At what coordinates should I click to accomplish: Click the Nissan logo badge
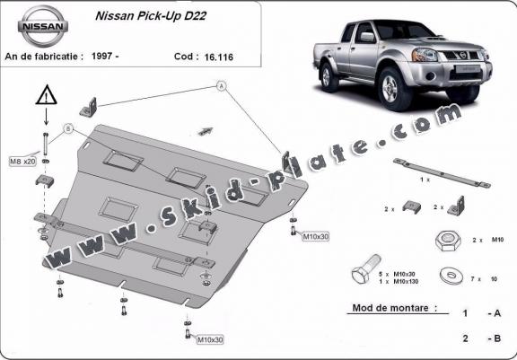coord(43,26)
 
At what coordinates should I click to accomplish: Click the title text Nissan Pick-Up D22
coord(151,16)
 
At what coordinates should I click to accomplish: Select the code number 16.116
coord(219,57)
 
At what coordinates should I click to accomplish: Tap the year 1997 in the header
coord(101,56)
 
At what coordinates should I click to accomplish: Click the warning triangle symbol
coord(47,95)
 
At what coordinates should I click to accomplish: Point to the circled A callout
coord(222,86)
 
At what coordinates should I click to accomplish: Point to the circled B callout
coord(68,128)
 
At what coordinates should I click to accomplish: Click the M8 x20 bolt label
coord(22,162)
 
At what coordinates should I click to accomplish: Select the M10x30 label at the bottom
coord(210,339)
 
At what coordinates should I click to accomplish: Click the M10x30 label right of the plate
coord(316,236)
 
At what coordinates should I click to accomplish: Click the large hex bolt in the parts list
coord(366,269)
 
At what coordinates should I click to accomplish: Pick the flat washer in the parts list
coord(451,277)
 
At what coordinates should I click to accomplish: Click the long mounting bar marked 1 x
coord(442,172)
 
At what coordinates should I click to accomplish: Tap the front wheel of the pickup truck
coord(391,88)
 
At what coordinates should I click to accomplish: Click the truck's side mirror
coord(367,37)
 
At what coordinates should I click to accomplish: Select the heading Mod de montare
coord(395,308)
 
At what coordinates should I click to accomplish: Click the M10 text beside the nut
coord(497,240)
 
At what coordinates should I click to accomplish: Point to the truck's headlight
coord(425,55)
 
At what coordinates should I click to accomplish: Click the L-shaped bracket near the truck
coord(458,206)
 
